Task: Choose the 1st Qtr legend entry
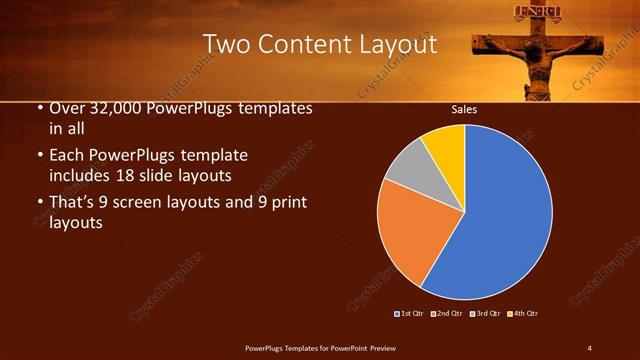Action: (x=409, y=314)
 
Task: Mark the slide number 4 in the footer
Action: (x=589, y=347)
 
